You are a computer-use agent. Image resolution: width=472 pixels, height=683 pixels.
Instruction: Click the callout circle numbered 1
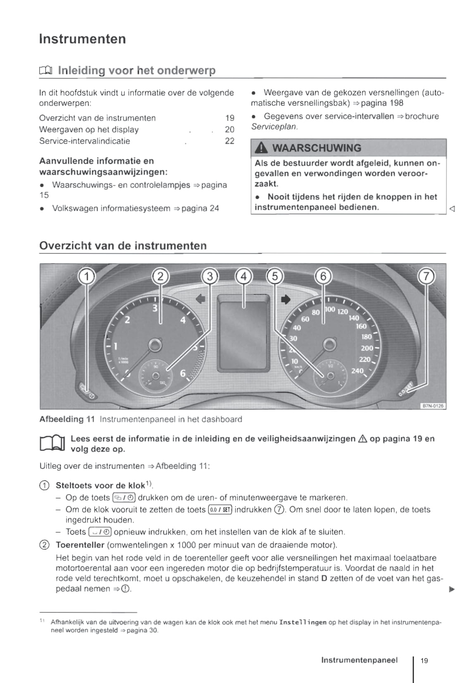[87, 276]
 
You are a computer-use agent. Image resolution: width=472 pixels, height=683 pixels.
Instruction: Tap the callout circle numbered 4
[243, 276]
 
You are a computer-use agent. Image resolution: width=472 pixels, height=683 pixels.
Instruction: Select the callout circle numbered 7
[427, 276]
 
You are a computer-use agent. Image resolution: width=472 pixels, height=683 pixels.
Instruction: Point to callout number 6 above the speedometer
[323, 276]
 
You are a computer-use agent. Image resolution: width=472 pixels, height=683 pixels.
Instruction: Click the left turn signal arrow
[200, 299]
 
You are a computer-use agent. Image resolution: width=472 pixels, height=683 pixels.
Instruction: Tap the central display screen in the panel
[243, 332]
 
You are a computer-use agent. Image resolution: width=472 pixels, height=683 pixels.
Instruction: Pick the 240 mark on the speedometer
[357, 371]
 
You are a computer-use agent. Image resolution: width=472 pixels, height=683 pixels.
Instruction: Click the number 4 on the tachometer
[183, 320]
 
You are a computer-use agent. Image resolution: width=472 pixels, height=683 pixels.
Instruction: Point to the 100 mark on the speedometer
[330, 309]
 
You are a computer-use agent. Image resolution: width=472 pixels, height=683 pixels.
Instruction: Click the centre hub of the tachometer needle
[155, 344]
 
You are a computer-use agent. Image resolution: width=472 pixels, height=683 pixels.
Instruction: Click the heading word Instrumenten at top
[83, 39]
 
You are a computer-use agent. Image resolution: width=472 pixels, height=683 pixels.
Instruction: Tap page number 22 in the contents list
[229, 141]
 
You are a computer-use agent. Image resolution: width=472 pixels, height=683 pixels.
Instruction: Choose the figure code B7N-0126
[432, 406]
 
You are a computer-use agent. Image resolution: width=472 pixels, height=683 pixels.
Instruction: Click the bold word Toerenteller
[80, 545]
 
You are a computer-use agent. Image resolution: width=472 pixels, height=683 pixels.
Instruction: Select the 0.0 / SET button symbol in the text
[221, 510]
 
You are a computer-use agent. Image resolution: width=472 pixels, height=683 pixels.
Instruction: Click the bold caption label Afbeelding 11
[67, 419]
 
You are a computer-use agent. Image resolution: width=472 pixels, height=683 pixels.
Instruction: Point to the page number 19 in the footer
[424, 660]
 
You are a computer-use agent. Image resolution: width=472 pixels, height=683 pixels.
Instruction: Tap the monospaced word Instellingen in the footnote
[303, 622]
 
